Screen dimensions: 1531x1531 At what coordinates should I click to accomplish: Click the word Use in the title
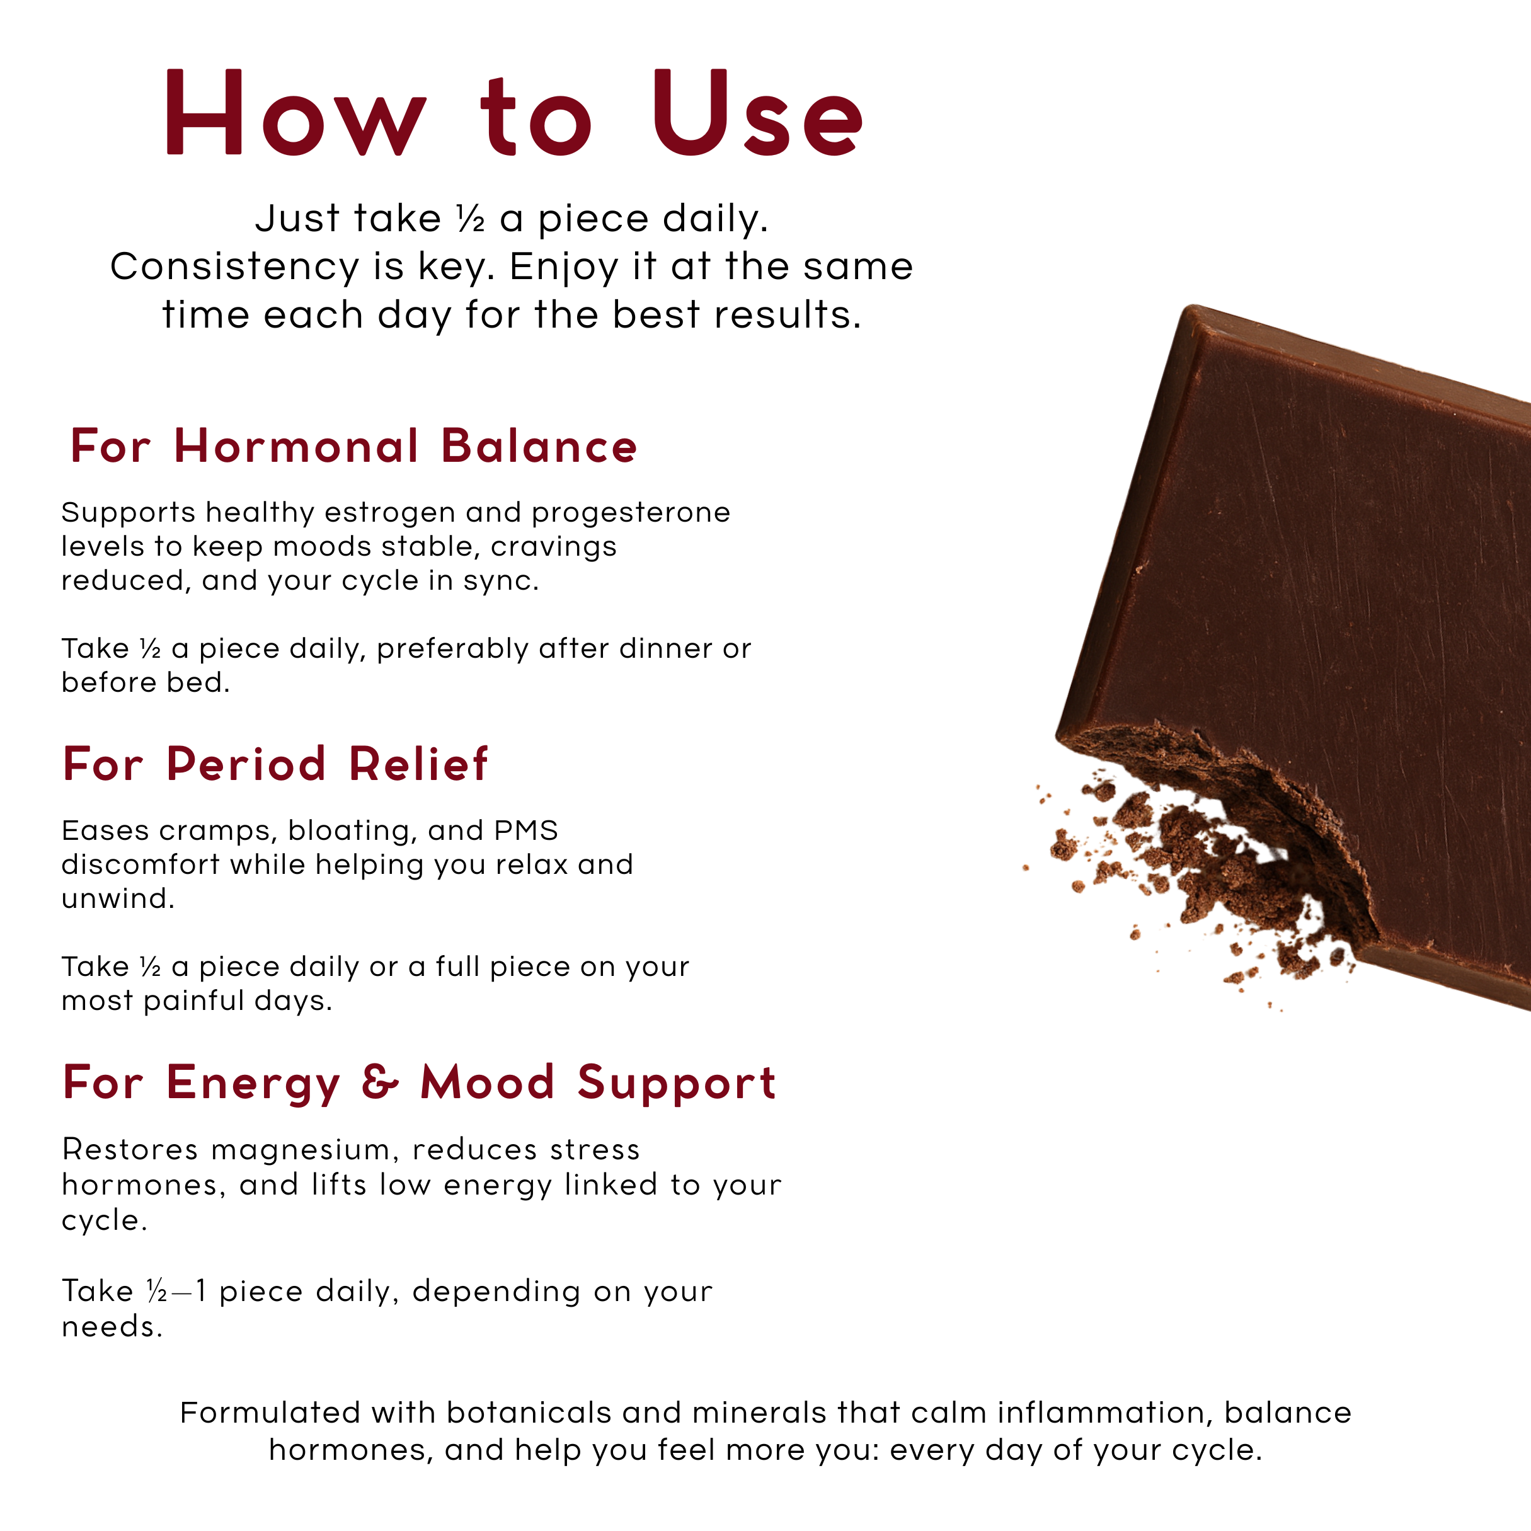(757, 113)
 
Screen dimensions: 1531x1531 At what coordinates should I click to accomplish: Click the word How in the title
(295, 113)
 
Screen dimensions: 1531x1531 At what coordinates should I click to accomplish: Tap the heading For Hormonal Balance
(353, 445)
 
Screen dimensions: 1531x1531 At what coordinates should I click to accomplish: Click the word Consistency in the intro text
(234, 267)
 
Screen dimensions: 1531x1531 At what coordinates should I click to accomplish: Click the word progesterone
(631, 513)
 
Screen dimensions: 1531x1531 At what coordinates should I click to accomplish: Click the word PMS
(526, 830)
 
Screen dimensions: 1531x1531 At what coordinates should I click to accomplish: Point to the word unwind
(117, 898)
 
